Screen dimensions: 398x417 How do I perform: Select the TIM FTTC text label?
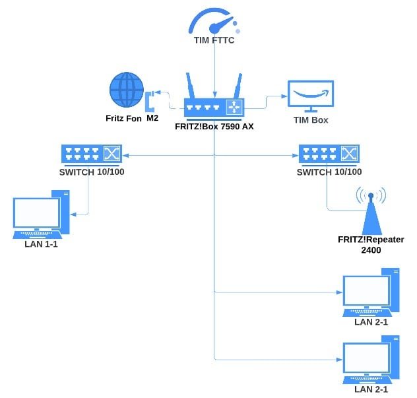[214, 42]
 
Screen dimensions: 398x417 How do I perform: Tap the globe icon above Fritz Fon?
[127, 90]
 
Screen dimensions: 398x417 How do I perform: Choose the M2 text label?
[152, 119]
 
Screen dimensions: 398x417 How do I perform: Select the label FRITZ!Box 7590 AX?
[214, 125]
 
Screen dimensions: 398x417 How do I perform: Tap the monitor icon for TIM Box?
[311, 96]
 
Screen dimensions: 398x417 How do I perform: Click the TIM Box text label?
[311, 121]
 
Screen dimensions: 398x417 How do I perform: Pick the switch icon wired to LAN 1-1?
[91, 155]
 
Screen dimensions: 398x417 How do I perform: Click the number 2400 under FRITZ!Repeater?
[371, 251]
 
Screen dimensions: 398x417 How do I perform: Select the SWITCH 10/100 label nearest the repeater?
[329, 172]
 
